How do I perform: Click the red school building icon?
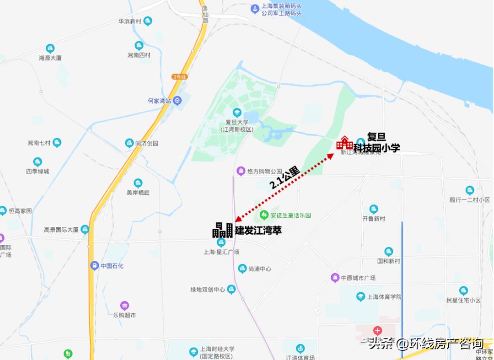344,143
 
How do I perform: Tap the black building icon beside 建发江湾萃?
222,230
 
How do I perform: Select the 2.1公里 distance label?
285,178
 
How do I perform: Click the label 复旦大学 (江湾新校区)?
236,126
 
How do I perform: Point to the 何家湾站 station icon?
177,101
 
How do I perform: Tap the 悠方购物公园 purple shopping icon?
241,172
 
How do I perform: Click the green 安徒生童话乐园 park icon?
264,215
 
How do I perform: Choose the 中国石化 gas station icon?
94,266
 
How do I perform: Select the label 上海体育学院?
385,297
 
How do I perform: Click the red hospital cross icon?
377,330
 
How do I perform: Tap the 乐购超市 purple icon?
124,306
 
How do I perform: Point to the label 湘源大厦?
50,58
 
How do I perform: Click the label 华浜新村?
129,21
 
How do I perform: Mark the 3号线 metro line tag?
180,77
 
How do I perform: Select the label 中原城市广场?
358,278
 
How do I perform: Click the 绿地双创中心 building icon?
231,289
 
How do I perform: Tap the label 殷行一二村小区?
469,200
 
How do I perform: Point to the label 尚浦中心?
260,269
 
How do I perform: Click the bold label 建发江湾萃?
258,231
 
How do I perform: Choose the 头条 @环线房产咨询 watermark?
426,343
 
